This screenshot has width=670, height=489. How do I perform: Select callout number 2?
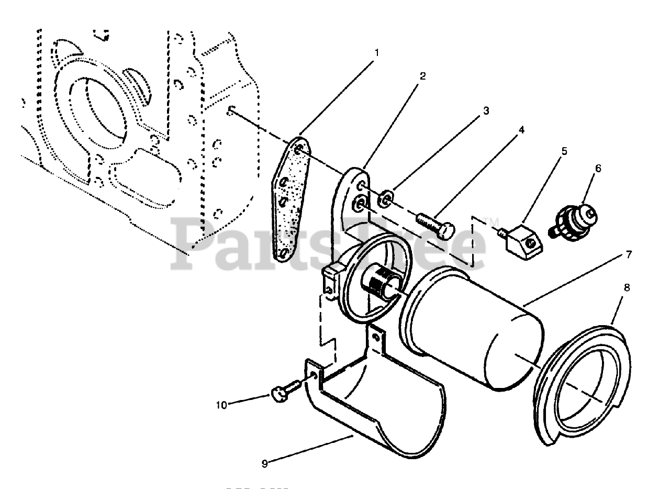click(x=422, y=76)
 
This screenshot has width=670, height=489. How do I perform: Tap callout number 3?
click(x=486, y=111)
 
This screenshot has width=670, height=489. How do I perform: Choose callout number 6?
click(x=598, y=169)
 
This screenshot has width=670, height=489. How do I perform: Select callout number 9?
click(x=265, y=463)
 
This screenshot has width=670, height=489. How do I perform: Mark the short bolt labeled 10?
click(x=281, y=393)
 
